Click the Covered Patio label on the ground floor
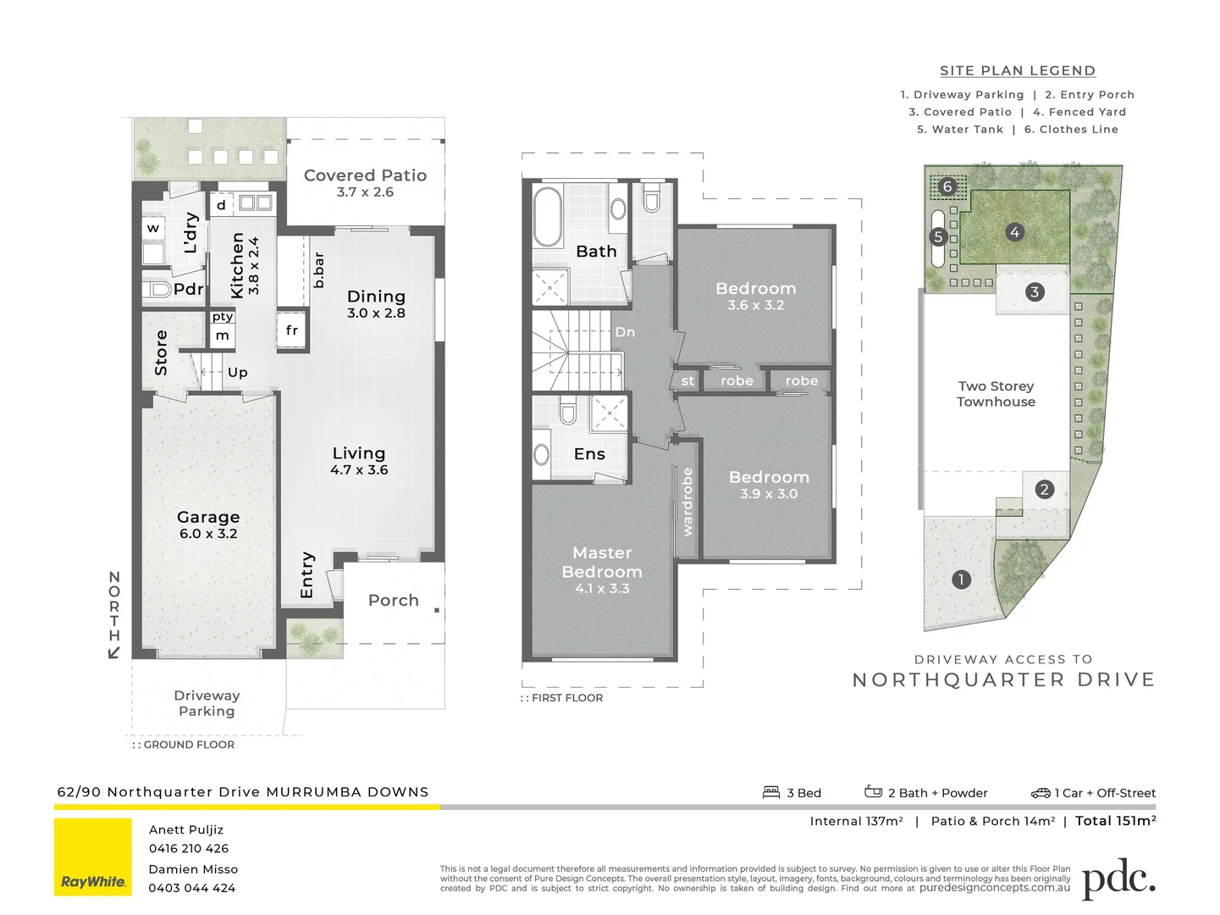(365, 175)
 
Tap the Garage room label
(208, 517)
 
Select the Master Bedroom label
(602, 563)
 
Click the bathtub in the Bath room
(548, 217)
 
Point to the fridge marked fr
(291, 330)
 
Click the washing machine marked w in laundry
(153, 228)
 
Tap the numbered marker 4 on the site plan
(1014, 232)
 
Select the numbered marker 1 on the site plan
(961, 579)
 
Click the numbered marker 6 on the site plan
(947, 186)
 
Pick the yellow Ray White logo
(93, 857)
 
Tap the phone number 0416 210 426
(189, 848)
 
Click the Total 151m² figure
(1115, 820)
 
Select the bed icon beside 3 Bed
(771, 792)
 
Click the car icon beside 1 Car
(1041, 793)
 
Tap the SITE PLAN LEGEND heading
(1018, 71)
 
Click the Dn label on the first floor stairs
(625, 332)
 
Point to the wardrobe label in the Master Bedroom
(687, 502)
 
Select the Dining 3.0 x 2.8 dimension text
(376, 313)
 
